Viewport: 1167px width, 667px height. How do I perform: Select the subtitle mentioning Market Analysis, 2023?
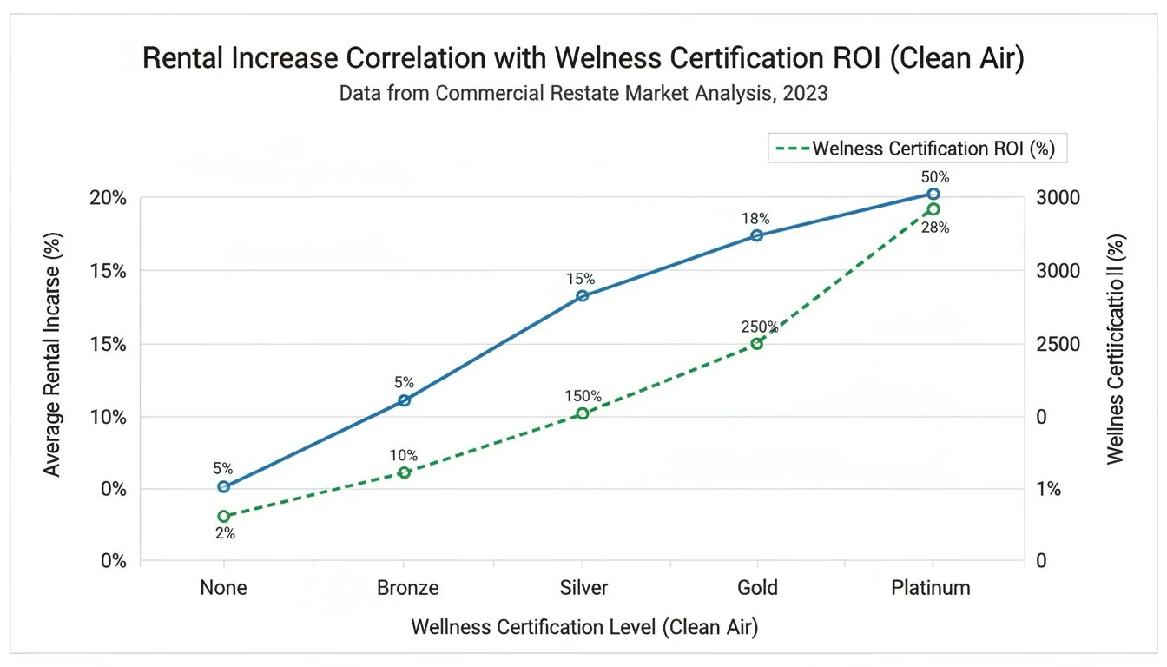click(x=583, y=94)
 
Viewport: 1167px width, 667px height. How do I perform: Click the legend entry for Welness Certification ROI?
click(x=919, y=149)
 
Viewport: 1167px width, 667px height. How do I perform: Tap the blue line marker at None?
click(x=224, y=487)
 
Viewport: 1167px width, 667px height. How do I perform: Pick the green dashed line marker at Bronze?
click(x=404, y=472)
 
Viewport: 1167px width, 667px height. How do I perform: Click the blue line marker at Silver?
click(x=583, y=296)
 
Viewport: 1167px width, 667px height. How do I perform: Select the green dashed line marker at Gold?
click(x=756, y=344)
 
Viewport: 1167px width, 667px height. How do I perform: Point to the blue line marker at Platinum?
click(x=933, y=195)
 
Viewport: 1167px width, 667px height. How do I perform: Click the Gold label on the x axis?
click(x=756, y=588)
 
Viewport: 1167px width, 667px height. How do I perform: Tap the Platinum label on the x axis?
click(x=931, y=588)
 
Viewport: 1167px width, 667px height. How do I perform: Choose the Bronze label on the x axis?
click(x=407, y=588)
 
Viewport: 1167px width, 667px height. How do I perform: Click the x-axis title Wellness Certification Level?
click(x=583, y=627)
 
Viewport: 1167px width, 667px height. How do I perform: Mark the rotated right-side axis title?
click(x=1116, y=349)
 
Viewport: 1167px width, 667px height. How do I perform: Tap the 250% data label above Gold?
click(x=759, y=327)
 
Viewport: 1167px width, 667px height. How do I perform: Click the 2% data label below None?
click(x=225, y=533)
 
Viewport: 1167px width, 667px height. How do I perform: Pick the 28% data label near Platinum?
click(x=935, y=228)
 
